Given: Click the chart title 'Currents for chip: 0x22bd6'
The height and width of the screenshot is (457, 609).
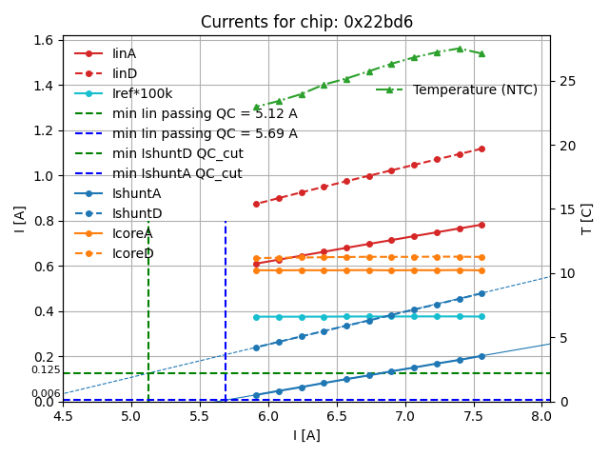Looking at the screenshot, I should click(x=306, y=22).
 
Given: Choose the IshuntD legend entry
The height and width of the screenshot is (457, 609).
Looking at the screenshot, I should click(x=137, y=213).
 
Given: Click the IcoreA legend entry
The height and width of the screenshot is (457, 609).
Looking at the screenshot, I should click(x=132, y=233).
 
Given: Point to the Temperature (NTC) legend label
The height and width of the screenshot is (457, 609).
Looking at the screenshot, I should click(x=475, y=89).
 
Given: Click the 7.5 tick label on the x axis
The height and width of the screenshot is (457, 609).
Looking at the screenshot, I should click(x=474, y=417).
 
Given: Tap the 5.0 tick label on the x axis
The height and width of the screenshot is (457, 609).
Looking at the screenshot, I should click(x=131, y=417).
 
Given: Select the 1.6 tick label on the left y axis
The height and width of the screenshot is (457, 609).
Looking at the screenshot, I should click(x=43, y=41).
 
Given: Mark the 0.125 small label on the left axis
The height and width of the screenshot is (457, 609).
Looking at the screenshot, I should click(x=45, y=370).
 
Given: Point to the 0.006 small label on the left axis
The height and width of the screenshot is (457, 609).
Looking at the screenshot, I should click(x=45, y=393).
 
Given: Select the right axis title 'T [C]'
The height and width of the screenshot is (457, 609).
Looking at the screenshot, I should click(x=587, y=218).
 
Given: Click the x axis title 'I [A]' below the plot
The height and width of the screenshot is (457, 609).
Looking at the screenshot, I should click(x=306, y=435).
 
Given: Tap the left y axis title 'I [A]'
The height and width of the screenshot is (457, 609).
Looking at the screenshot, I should click(x=19, y=218).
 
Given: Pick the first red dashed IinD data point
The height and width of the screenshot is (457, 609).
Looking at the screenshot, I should click(x=256, y=204).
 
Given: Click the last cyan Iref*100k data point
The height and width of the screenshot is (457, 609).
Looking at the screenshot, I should click(x=481, y=316).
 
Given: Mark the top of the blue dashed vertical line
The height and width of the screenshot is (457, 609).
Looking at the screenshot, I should click(x=226, y=222).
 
